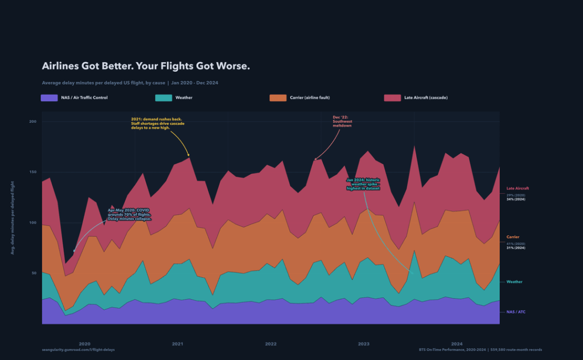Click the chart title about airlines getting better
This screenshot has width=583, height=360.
[x=146, y=66]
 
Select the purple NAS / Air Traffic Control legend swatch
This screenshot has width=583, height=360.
[x=50, y=98]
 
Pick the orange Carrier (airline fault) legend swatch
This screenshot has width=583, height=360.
[x=278, y=98]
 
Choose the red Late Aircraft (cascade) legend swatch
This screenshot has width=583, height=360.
[x=393, y=98]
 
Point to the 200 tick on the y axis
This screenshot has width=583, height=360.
[x=32, y=121]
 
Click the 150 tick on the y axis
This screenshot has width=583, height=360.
[x=32, y=172]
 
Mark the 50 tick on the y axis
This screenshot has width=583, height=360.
[x=32, y=273]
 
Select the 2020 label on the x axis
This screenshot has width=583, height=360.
[x=84, y=344]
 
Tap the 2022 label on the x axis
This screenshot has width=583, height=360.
[x=270, y=344]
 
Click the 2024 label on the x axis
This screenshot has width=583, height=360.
[x=457, y=344]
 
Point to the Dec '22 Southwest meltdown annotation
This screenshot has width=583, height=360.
[x=342, y=121]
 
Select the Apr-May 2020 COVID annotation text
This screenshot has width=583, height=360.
[x=129, y=214]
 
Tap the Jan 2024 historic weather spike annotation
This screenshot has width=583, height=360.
[x=363, y=183]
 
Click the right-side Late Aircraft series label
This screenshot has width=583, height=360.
[x=518, y=188]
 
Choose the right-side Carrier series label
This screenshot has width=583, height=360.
[x=512, y=236]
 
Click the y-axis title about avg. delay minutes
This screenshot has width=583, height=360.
[x=13, y=223]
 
